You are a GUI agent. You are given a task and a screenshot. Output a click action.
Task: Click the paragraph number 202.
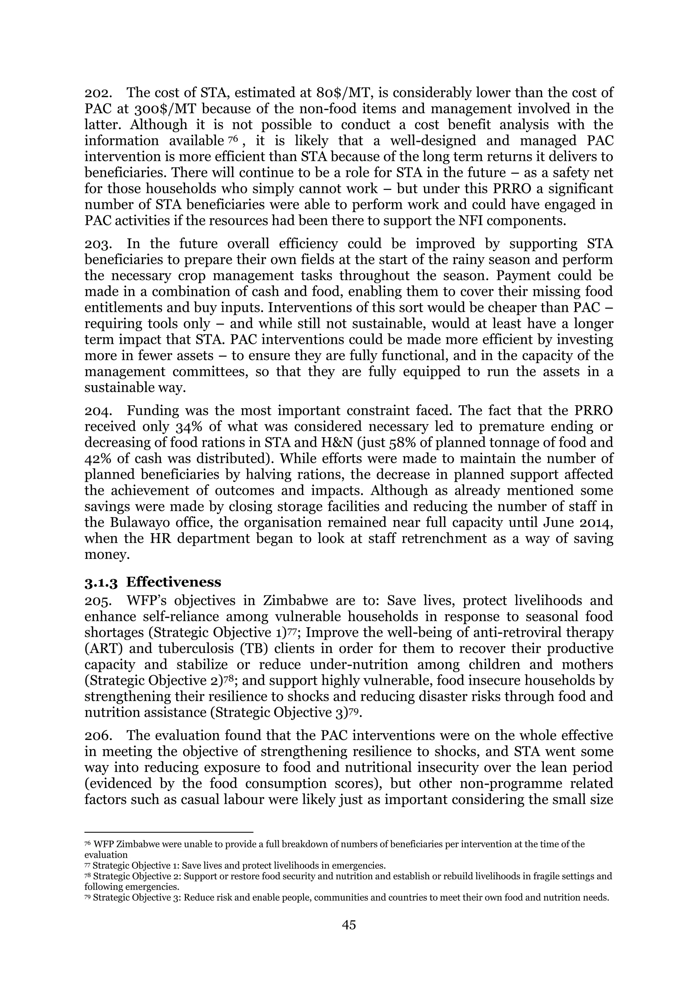click(x=98, y=93)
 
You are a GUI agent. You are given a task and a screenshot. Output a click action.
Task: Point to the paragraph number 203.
click(x=98, y=244)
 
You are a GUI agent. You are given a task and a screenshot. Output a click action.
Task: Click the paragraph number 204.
click(x=98, y=411)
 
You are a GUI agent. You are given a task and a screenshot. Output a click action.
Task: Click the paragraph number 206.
click(x=98, y=735)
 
